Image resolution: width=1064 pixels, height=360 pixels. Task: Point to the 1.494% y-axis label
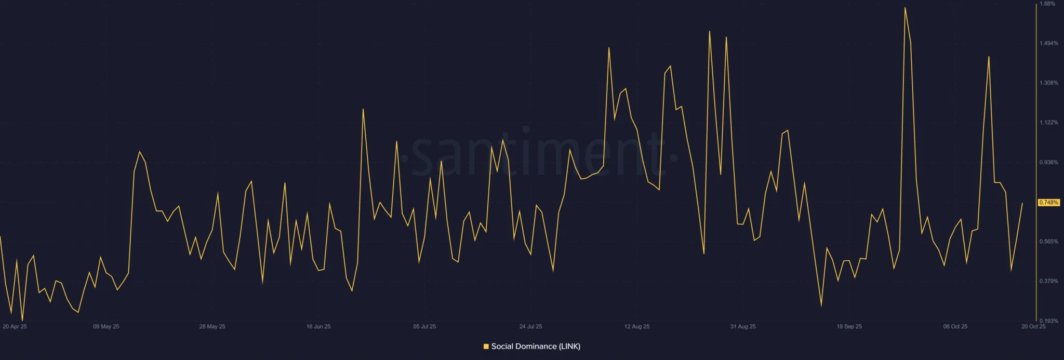click(x=1048, y=44)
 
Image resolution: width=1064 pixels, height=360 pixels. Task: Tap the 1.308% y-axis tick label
click(x=1048, y=83)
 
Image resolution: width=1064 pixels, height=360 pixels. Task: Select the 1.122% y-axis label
click(x=1048, y=123)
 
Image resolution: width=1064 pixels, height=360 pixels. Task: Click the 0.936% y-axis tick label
click(x=1048, y=163)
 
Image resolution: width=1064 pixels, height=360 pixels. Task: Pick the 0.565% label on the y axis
click(x=1048, y=242)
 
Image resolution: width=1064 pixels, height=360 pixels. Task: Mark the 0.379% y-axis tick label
click(x=1048, y=281)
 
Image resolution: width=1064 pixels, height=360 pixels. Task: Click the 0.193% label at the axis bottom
click(x=1048, y=321)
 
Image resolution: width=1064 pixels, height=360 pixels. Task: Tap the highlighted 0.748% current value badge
click(x=1048, y=203)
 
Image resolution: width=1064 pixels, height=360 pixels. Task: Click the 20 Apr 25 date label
click(x=15, y=327)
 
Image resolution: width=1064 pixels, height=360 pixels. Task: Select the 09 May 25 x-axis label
click(x=106, y=327)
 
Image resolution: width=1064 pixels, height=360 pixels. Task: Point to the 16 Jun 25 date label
click(x=318, y=327)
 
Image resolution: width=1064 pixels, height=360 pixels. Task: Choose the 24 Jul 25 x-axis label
click(x=530, y=327)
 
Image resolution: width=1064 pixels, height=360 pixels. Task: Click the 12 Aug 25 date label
click(x=637, y=327)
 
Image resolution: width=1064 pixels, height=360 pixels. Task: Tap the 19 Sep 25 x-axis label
click(x=849, y=327)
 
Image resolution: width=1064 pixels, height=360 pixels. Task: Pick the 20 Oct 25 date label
click(x=1033, y=327)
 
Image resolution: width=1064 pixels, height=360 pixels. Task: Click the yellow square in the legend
click(x=486, y=346)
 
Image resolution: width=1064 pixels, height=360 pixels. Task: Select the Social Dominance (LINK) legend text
click(x=536, y=346)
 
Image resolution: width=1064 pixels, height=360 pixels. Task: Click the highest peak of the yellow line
click(x=905, y=8)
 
